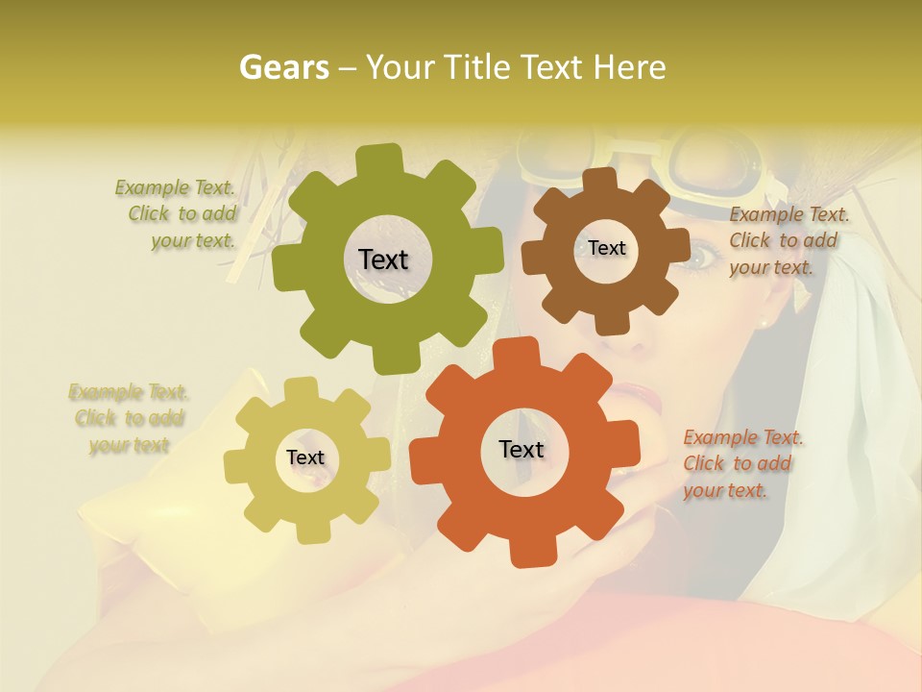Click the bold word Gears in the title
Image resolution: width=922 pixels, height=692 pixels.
[x=283, y=67]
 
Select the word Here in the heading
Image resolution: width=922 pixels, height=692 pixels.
[x=629, y=67]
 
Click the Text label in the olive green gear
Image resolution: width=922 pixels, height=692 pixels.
[x=383, y=259]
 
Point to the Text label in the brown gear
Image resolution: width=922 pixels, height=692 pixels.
[x=606, y=248]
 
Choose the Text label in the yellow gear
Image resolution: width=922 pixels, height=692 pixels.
[x=305, y=457]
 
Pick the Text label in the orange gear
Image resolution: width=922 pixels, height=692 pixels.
[x=522, y=449]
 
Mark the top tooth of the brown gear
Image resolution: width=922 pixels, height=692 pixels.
[x=598, y=181]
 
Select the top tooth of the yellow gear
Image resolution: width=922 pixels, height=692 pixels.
[x=302, y=389]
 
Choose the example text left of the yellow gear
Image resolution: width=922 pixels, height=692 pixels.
[x=129, y=418]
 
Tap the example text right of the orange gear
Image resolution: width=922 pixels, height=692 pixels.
[x=741, y=463]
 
